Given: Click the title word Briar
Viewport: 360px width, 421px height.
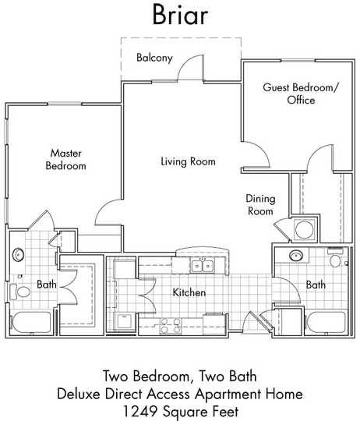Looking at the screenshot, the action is tap(180, 15).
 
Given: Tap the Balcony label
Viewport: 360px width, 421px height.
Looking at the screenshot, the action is tap(154, 58).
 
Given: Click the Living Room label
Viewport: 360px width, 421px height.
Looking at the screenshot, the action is tap(188, 161).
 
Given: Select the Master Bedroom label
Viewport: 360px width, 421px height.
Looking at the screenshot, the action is tap(66, 160).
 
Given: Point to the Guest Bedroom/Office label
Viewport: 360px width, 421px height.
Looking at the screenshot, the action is tap(301, 94).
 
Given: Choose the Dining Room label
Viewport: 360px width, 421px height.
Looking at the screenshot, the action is tap(260, 205).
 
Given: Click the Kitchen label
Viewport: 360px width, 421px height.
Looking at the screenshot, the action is tap(189, 292).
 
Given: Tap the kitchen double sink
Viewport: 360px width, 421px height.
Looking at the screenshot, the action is tap(203, 266).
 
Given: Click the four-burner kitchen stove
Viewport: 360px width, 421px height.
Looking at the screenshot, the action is tap(171, 326).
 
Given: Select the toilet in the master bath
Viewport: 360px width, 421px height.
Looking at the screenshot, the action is tap(20, 292).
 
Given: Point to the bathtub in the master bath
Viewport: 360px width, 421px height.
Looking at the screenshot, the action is tap(31, 322).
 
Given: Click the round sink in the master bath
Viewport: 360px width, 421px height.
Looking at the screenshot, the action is tap(18, 254).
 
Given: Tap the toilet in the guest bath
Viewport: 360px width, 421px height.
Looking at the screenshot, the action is tap(335, 258).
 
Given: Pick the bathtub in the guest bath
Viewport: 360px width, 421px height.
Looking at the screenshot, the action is tap(326, 322).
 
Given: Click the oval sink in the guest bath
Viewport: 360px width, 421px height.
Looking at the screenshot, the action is tap(296, 255).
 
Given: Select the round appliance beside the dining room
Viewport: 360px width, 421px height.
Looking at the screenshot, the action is tap(305, 229).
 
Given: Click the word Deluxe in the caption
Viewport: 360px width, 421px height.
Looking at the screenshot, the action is tap(79, 394).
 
